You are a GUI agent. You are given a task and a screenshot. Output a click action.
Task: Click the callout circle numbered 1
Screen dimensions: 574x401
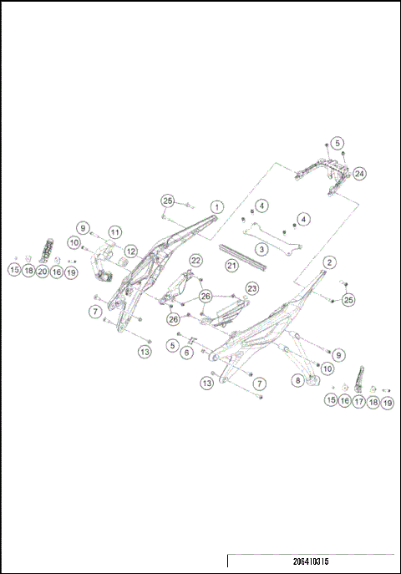click(x=216, y=206)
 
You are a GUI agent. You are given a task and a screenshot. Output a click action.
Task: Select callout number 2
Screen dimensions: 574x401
click(x=330, y=262)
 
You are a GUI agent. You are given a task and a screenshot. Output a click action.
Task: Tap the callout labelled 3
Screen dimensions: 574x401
click(x=261, y=249)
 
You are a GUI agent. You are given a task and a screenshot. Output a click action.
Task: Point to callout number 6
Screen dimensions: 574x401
click(x=186, y=353)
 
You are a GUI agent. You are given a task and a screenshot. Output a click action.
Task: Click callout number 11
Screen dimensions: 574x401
click(x=114, y=231)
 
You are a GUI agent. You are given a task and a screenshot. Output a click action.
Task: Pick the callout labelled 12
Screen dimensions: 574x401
click(x=130, y=251)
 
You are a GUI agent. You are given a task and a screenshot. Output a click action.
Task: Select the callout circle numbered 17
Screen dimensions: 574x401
click(x=359, y=402)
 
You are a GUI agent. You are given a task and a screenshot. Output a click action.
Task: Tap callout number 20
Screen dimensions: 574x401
click(x=42, y=271)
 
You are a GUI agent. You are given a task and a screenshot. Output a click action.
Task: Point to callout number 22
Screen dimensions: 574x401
click(x=195, y=261)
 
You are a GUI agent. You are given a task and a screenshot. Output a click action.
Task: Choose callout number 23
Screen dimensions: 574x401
click(x=251, y=288)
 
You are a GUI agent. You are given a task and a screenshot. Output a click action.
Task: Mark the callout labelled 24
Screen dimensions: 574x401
click(x=359, y=174)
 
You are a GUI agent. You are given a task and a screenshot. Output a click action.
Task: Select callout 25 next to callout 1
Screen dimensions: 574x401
click(x=168, y=201)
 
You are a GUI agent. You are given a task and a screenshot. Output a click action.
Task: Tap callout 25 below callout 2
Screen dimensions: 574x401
click(x=348, y=299)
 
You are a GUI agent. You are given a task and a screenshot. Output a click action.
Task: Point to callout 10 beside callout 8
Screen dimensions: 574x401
click(x=327, y=368)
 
